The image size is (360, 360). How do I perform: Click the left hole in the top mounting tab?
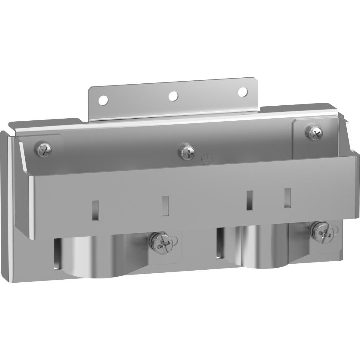click(103, 99)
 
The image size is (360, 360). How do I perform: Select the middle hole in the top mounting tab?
click(173, 96)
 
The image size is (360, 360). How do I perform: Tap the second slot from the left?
click(165, 206)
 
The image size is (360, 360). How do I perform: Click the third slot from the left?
click(250, 200)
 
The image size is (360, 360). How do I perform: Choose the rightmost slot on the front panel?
click(288, 198)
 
